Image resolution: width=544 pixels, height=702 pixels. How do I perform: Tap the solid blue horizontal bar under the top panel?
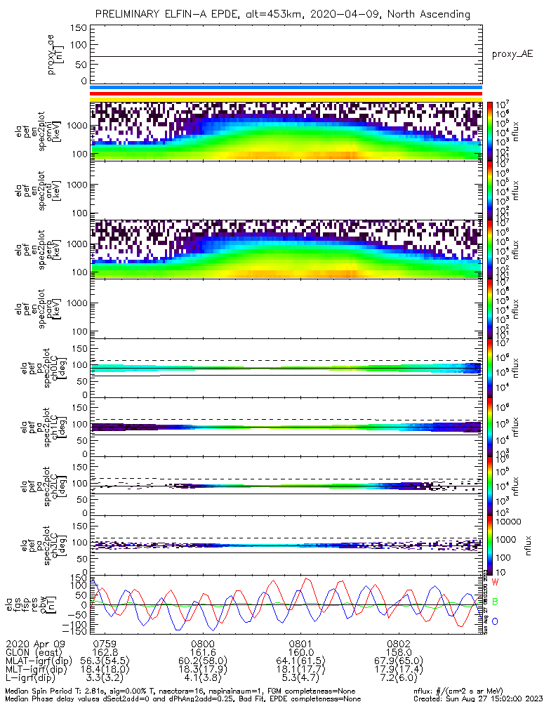[x=286, y=88]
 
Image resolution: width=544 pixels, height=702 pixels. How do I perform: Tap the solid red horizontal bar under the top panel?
[x=286, y=93]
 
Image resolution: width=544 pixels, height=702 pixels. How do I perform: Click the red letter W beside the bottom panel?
[x=495, y=583]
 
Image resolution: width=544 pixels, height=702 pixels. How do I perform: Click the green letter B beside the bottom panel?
[x=495, y=602]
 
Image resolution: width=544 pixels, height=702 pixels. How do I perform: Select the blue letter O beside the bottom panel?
[x=495, y=621]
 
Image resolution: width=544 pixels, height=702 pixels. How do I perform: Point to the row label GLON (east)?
[x=34, y=651]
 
